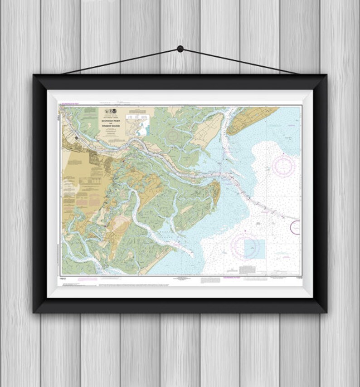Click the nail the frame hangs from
coord(180,49)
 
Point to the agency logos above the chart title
coord(111,111)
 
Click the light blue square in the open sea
coord(254,249)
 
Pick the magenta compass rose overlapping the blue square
coord(245,246)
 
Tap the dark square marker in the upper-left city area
coord(77,137)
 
